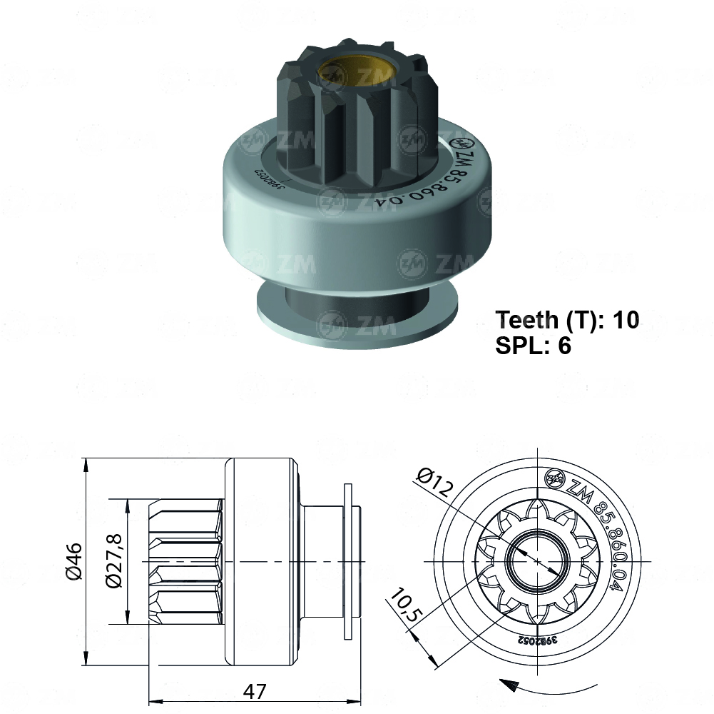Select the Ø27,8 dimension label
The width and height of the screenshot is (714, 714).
coord(113,562)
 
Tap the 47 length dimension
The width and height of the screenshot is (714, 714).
coord(255,692)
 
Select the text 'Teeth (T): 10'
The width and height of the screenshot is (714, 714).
coord(567,319)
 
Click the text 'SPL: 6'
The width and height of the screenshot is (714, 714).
coord(533,346)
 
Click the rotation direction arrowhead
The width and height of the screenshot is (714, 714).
coord(508,685)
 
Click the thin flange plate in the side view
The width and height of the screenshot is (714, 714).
coord(347,562)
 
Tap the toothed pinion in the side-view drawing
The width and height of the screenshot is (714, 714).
coord(185,562)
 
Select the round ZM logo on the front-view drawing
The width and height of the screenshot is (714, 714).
coord(553,478)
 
